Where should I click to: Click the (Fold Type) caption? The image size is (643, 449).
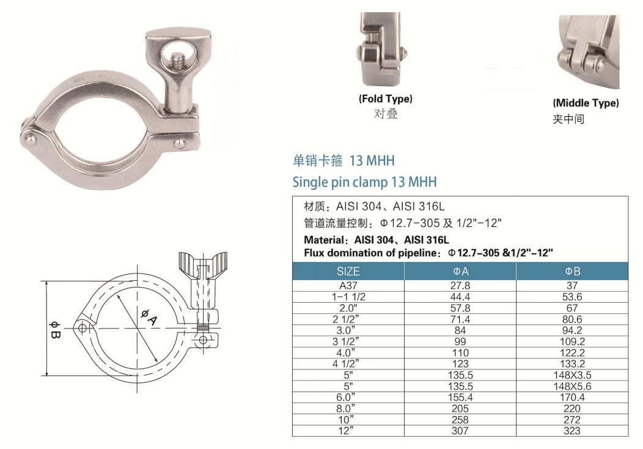(x=385, y=98)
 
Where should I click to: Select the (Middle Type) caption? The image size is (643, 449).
(x=586, y=103)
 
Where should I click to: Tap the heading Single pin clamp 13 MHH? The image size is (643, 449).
(x=364, y=182)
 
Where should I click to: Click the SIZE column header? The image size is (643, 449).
(x=348, y=271)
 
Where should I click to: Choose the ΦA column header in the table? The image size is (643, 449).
(x=460, y=271)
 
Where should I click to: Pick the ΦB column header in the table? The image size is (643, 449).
(x=572, y=271)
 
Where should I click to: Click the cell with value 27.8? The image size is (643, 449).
(x=460, y=286)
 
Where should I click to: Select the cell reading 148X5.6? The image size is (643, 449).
(x=572, y=386)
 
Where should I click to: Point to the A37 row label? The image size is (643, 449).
(x=348, y=286)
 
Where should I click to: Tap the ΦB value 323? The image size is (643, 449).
(x=572, y=431)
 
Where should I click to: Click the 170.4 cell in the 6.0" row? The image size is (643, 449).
(x=572, y=397)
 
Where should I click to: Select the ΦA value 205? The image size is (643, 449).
(x=460, y=408)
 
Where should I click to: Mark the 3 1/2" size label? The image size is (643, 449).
(x=348, y=341)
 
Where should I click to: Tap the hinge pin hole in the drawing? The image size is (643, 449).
(x=81, y=328)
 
